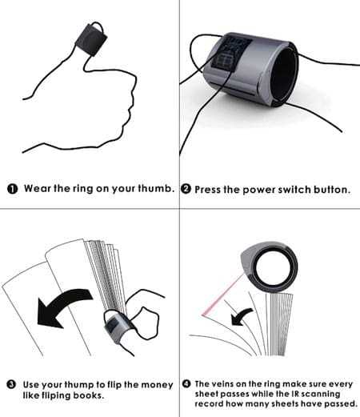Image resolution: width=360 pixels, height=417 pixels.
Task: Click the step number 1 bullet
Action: (12, 189)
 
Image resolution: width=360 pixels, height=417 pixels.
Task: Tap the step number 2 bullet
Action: (186, 189)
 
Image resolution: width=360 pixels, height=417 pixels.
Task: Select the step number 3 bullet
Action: (11, 384)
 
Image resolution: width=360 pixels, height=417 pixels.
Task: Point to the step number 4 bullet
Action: (186, 384)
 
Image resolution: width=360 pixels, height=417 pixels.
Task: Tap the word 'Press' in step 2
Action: (208, 190)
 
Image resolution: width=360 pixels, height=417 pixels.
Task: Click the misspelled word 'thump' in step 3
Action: (79, 385)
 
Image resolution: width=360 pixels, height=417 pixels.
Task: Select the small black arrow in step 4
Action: (241, 317)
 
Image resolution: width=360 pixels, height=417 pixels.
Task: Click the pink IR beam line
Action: (222, 295)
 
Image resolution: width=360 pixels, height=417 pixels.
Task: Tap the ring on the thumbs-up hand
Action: (91, 39)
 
